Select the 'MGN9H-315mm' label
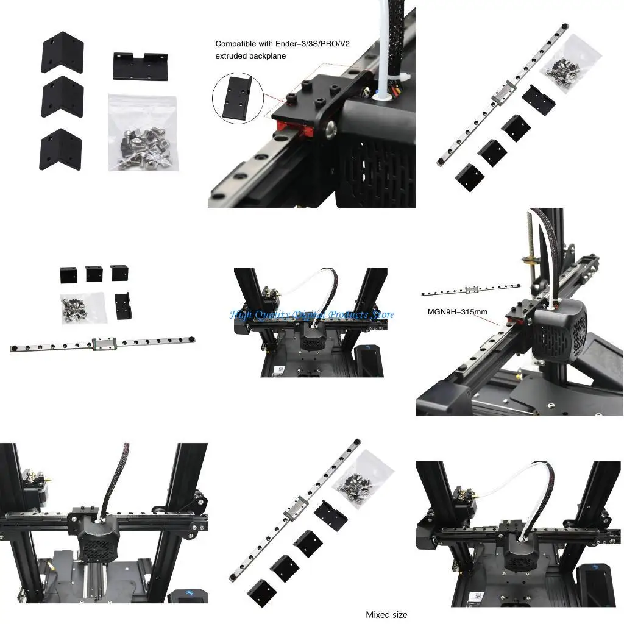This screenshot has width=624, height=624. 458,312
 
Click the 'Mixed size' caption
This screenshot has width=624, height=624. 386,614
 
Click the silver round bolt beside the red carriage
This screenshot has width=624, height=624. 331,127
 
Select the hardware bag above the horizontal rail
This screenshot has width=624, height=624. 83,308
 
